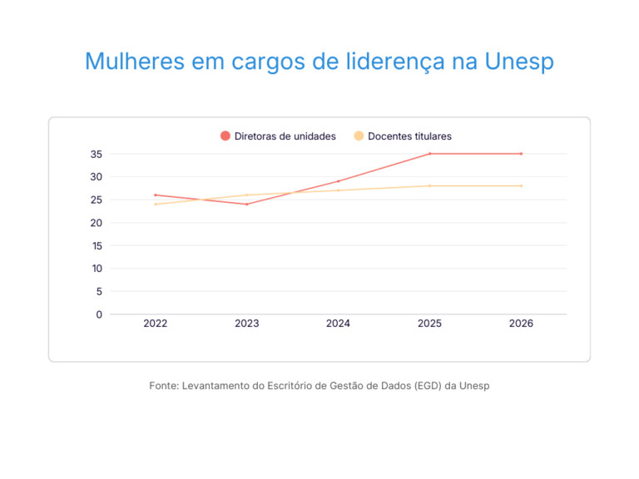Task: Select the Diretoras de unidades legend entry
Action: tap(278, 136)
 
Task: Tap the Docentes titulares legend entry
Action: tap(403, 136)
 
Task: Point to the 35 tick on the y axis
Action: tap(97, 154)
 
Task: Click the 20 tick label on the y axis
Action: tap(97, 223)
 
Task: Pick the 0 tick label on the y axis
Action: tap(99, 314)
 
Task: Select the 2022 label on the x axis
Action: tap(156, 323)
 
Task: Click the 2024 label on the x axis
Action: tap(339, 323)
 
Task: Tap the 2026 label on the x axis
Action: tap(521, 323)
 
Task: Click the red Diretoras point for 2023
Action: tap(247, 205)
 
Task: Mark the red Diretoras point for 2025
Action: tap(430, 154)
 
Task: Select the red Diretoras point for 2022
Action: tap(156, 195)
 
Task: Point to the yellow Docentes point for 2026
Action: tap(521, 185)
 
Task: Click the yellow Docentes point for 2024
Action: tap(339, 190)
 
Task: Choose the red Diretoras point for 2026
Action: tap(521, 154)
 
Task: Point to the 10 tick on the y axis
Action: tap(97, 269)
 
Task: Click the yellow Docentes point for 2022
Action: tap(156, 205)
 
